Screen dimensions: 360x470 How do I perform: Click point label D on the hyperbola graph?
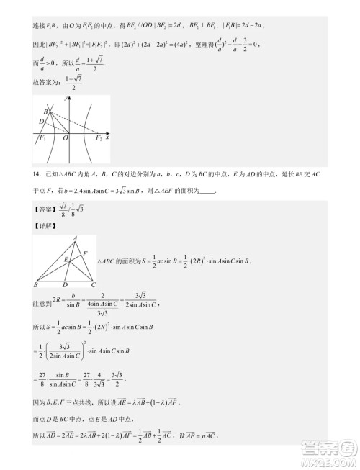coord(41,122)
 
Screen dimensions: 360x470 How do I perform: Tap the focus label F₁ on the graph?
coord(42,139)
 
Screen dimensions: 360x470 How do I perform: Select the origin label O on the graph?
coord(65,138)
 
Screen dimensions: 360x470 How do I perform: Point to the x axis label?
coord(108,137)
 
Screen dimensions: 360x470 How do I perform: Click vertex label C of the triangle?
coord(94,285)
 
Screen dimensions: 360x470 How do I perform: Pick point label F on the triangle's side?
coord(86,253)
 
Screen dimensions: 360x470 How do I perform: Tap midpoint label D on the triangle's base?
coord(65,285)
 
